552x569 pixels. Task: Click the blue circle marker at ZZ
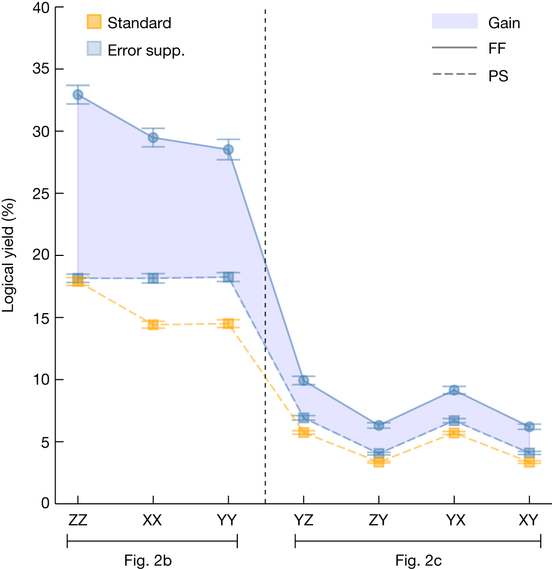78,95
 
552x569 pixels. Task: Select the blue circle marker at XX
153,137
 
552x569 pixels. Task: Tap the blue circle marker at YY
228,150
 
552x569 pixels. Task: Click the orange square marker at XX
153,324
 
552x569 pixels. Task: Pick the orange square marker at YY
228,323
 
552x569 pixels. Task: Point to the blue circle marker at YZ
304,380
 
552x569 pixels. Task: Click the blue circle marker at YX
454,390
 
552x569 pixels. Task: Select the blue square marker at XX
153,278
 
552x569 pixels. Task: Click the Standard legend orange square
93,22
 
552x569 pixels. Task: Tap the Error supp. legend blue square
93,49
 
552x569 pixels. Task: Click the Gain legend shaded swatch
454,21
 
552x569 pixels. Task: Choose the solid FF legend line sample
454,48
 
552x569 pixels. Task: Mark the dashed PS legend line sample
454,75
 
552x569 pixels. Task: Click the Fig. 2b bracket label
152,561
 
